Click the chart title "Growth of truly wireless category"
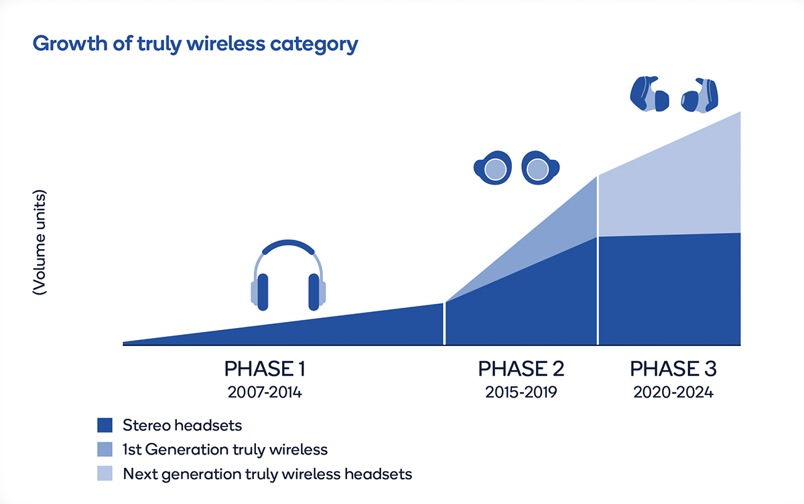[195, 44]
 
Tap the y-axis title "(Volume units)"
[39, 242]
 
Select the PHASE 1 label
[265, 369]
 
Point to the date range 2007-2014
[265, 392]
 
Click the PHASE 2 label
[521, 369]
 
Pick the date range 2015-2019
[521, 392]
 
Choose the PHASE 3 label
[673, 369]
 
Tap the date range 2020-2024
[673, 392]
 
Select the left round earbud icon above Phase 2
[493, 168]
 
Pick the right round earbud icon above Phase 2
[540, 168]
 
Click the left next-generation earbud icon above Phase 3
[650, 94]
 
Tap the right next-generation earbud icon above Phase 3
[699, 95]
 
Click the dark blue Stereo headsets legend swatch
[105, 425]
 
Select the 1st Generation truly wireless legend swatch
[105, 449]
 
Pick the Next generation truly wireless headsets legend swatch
[105, 473]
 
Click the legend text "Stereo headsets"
[182, 426]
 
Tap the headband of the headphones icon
[288, 245]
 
